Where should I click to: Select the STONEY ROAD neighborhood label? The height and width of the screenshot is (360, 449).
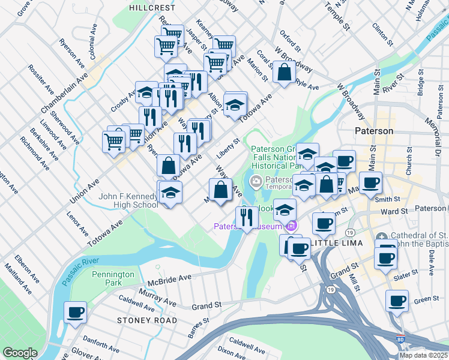[x=147, y=320]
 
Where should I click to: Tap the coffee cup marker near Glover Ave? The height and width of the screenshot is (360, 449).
[x=76, y=312]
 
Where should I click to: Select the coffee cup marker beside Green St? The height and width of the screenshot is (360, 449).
[x=397, y=301]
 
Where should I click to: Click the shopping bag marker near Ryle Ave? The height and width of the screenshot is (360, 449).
[x=284, y=73]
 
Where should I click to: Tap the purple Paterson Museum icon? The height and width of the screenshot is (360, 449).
[x=292, y=226]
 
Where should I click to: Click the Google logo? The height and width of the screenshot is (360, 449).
[x=20, y=353]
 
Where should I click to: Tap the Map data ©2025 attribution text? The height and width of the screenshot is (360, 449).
[x=423, y=355]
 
